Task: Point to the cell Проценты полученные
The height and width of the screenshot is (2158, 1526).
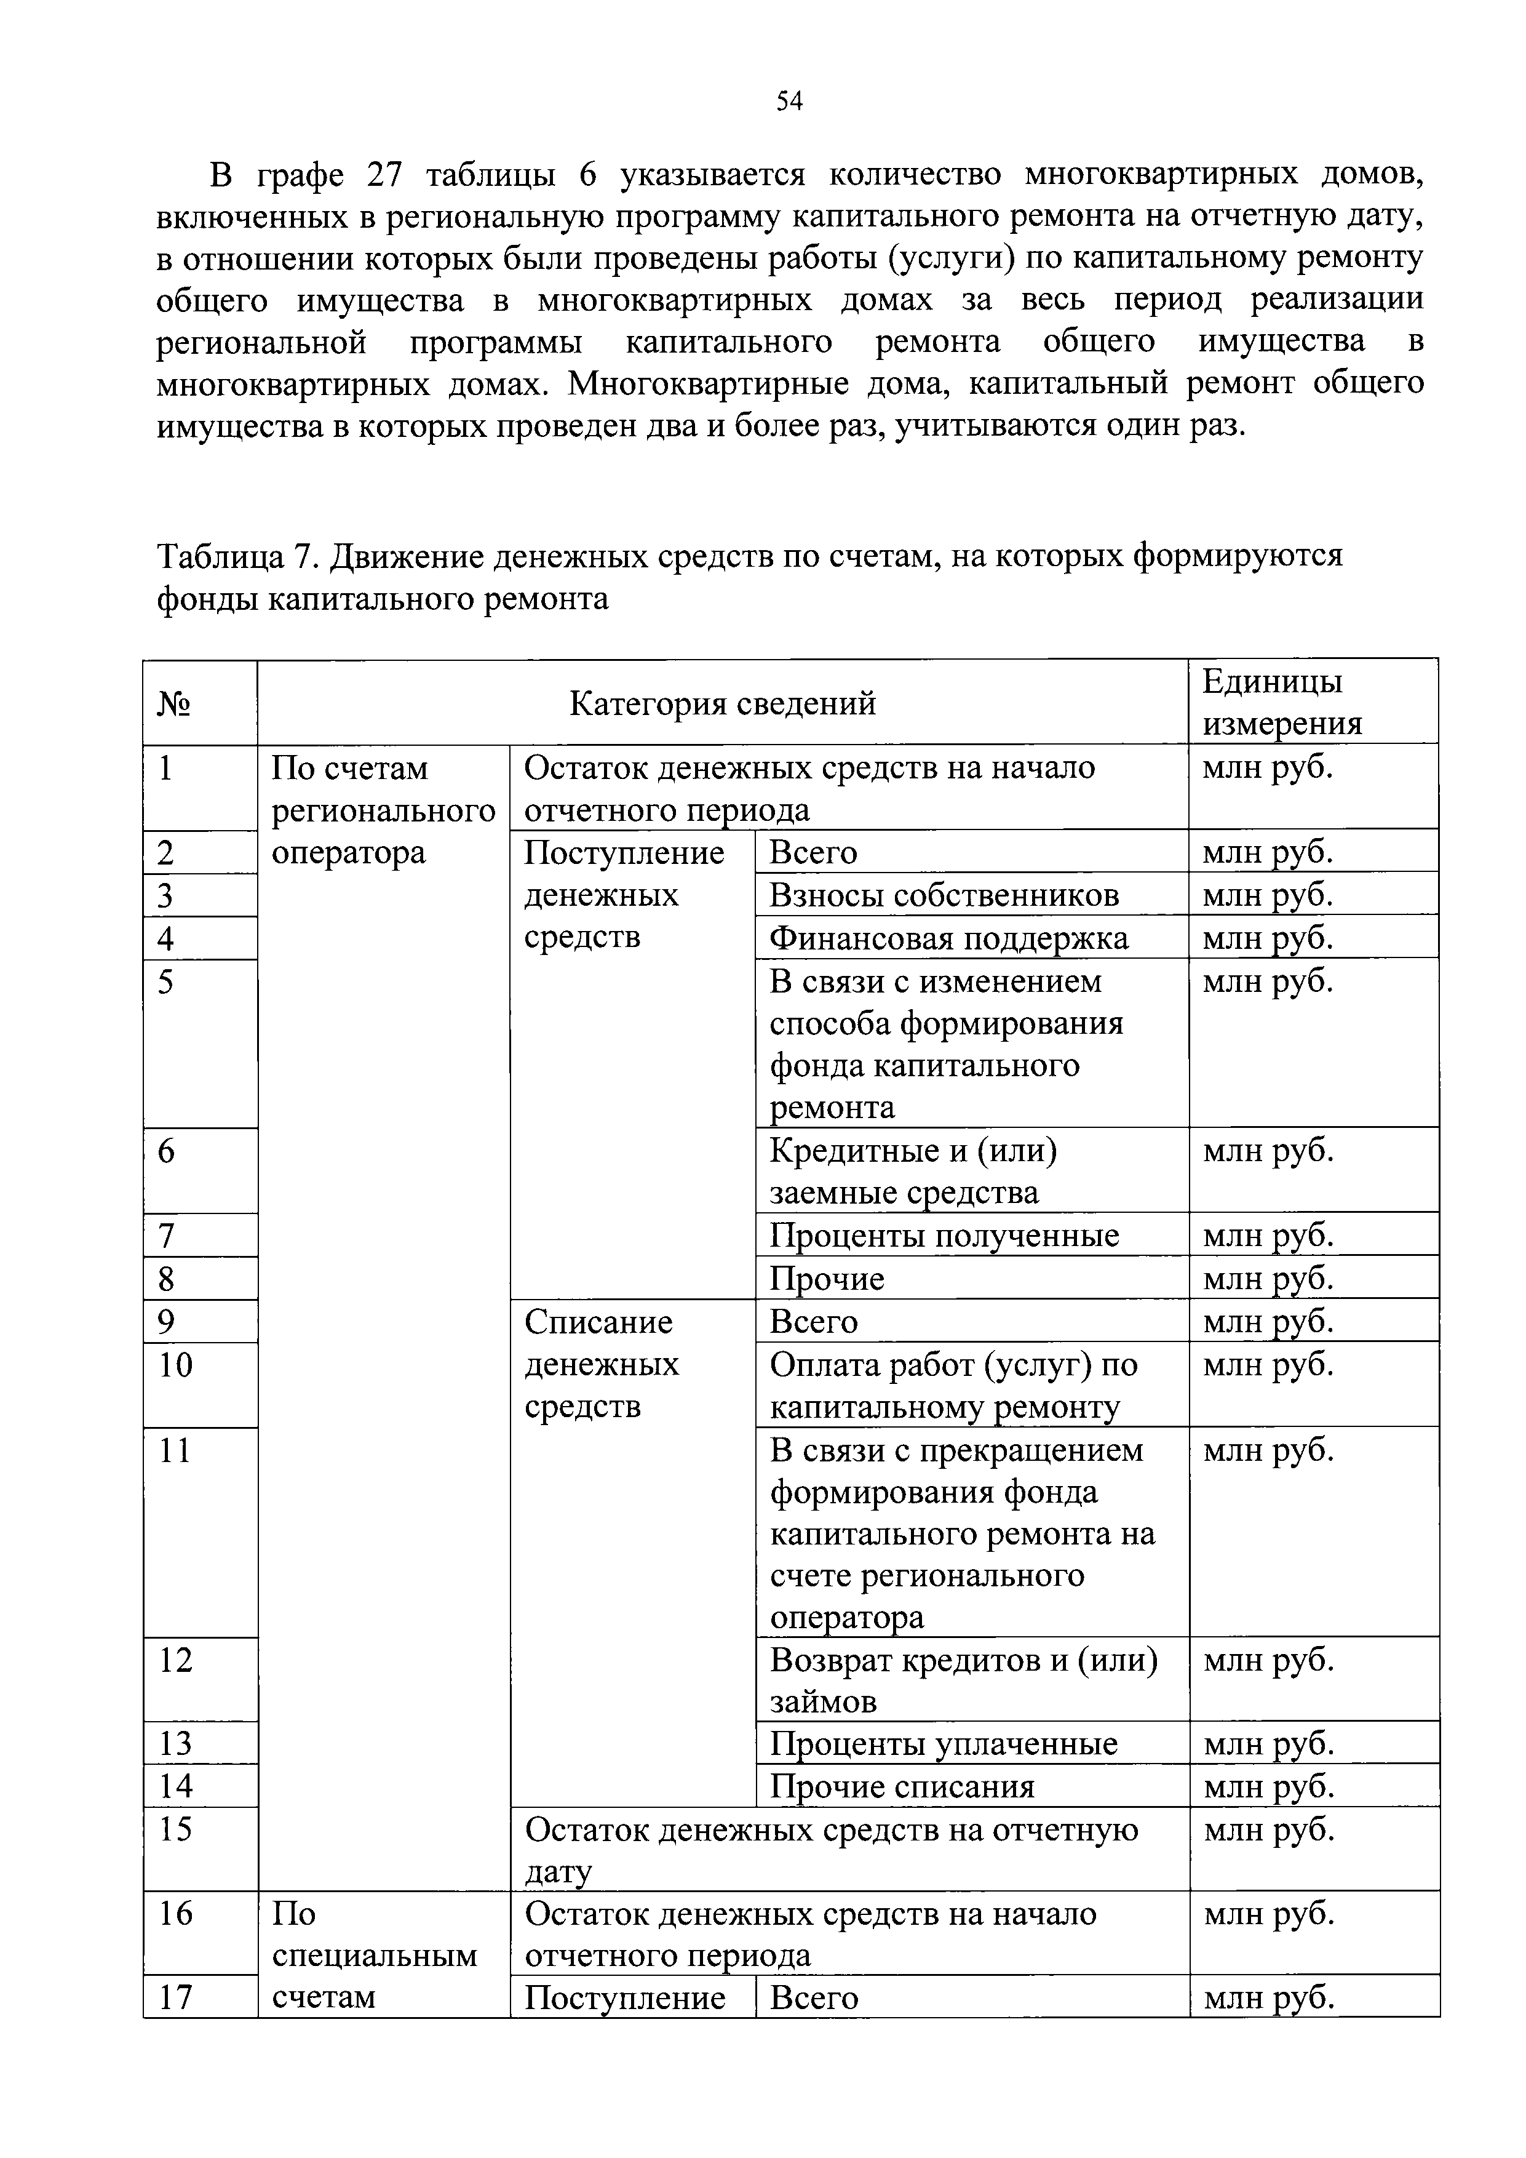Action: (944, 1235)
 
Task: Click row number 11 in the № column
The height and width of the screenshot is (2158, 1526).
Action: (175, 1451)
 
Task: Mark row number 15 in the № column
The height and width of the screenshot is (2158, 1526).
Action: (175, 1829)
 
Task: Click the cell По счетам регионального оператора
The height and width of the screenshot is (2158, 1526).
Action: (383, 811)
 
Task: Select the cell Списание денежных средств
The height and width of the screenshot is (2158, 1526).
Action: (602, 1364)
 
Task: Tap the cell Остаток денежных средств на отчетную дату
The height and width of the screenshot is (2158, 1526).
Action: (830, 1850)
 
